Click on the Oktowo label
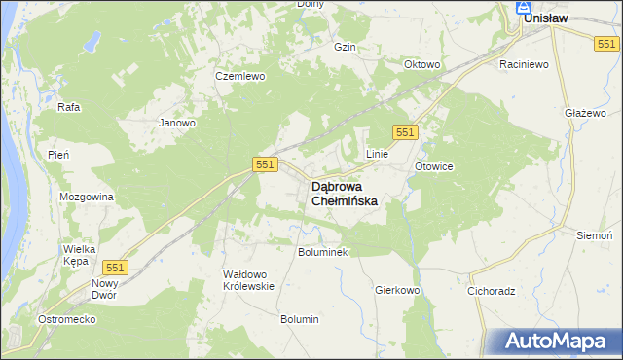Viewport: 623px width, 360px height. (422, 65)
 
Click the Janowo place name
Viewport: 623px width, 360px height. (177, 124)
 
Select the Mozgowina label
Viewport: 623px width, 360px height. (87, 197)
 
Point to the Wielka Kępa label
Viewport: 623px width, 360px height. (78, 255)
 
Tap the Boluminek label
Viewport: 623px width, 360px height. (322, 251)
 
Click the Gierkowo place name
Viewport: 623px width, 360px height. (396, 290)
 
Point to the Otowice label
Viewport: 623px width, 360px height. (434, 166)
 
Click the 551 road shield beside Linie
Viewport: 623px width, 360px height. (406, 132)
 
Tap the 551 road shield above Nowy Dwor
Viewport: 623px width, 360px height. (115, 268)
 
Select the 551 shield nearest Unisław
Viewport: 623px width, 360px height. (606, 43)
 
